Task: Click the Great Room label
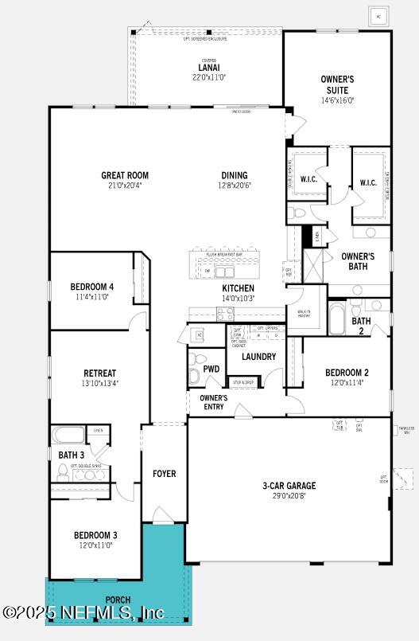[x=125, y=176]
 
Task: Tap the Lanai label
[x=208, y=68]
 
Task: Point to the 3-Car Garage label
[x=289, y=486]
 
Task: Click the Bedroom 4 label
[x=92, y=287]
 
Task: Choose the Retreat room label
[x=100, y=373]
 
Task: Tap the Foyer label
[x=165, y=474]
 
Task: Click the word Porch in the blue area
[x=117, y=600]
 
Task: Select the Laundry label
[x=259, y=357]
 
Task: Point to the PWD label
[x=211, y=369]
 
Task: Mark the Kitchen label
[x=238, y=288]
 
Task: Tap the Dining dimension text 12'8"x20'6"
[x=235, y=186]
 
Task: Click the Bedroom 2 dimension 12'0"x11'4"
[x=347, y=382]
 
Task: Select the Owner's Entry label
[x=213, y=402]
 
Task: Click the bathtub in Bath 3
[x=69, y=436]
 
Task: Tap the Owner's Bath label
[x=358, y=261]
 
